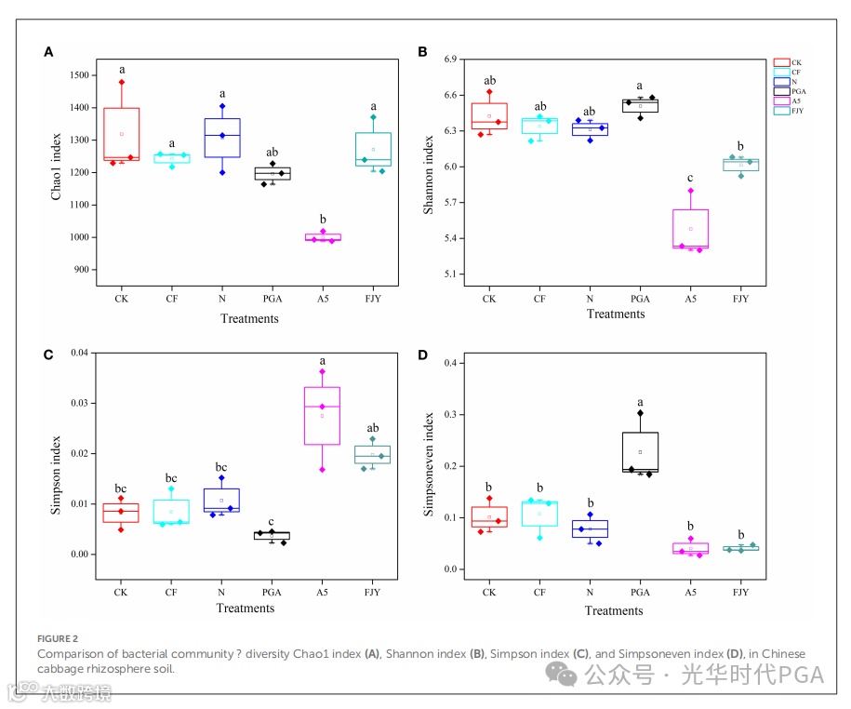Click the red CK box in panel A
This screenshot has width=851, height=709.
(121, 134)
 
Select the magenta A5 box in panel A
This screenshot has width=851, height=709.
(324, 237)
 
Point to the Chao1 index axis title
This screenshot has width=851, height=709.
(57, 172)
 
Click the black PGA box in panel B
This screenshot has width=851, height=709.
(640, 105)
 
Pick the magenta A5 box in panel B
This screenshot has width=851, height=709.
(690, 229)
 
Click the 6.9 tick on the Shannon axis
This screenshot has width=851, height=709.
(452, 60)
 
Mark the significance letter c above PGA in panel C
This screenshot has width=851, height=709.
(272, 522)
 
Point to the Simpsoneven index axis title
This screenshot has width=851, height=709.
(429, 465)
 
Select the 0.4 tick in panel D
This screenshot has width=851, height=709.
(456, 363)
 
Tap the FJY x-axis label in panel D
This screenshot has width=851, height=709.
(740, 592)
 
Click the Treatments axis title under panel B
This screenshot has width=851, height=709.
(615, 314)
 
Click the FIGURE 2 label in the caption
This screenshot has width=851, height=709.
(57, 639)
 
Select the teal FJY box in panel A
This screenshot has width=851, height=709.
(373, 149)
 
